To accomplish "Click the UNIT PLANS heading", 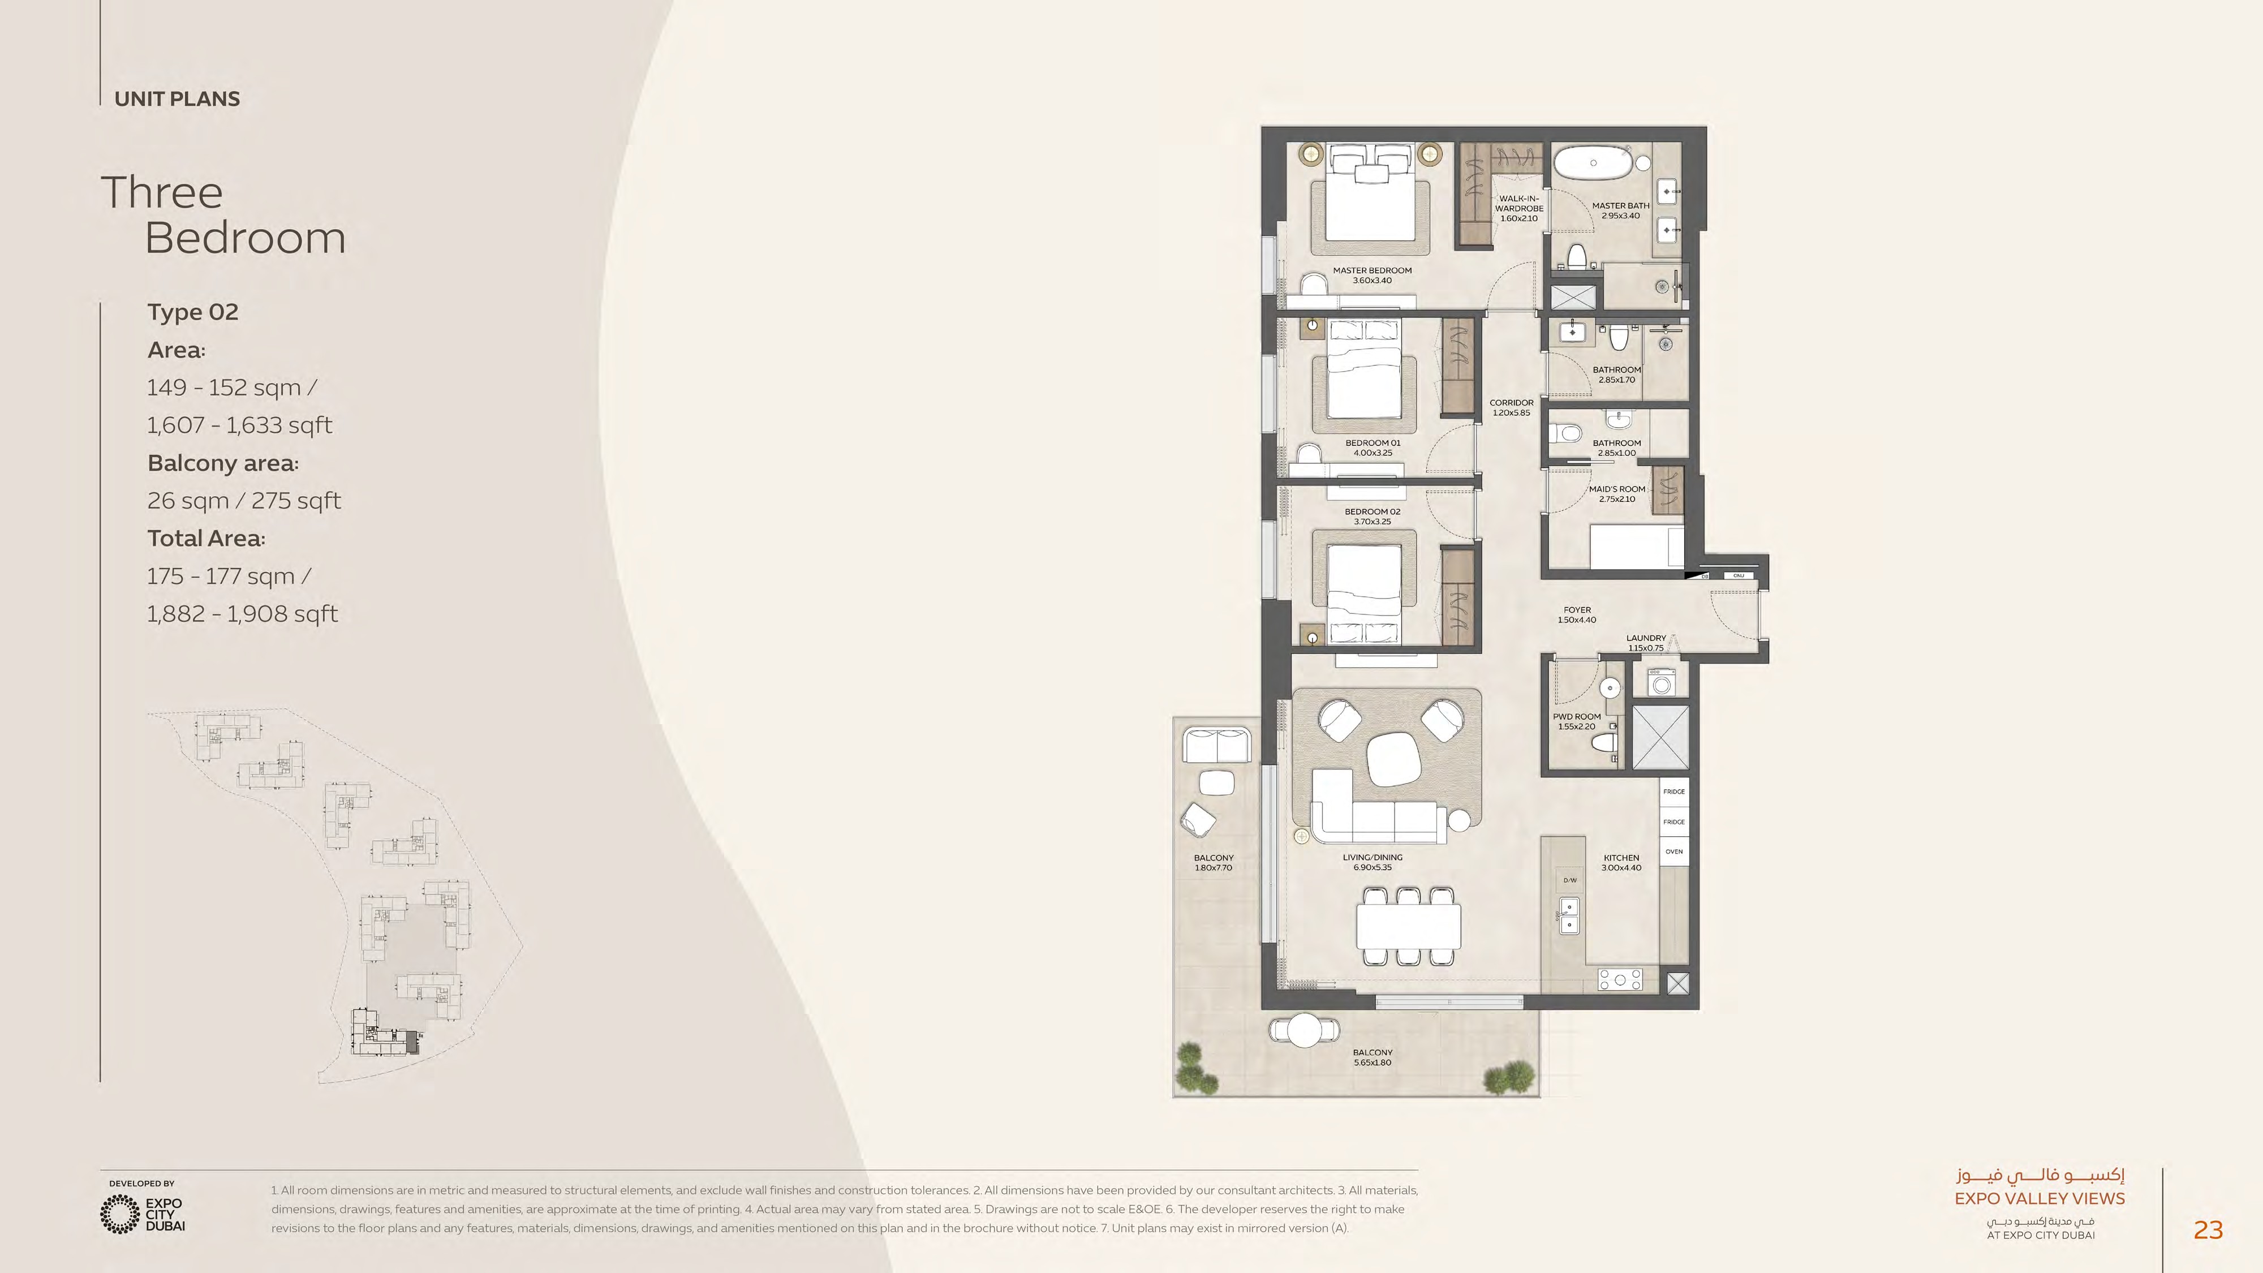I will (x=177, y=98).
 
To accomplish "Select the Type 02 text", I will (x=192, y=312).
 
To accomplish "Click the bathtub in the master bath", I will (x=1593, y=164).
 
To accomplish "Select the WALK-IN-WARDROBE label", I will (x=1519, y=208).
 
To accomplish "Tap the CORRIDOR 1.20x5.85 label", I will (x=1511, y=407).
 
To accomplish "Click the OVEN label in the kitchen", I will (x=1673, y=851).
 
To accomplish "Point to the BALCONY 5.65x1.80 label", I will (x=1372, y=1057).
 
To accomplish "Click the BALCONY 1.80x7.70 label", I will (x=1213, y=862).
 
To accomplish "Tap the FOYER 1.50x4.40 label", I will (x=1577, y=614).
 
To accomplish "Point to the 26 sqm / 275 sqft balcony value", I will (x=243, y=501).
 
